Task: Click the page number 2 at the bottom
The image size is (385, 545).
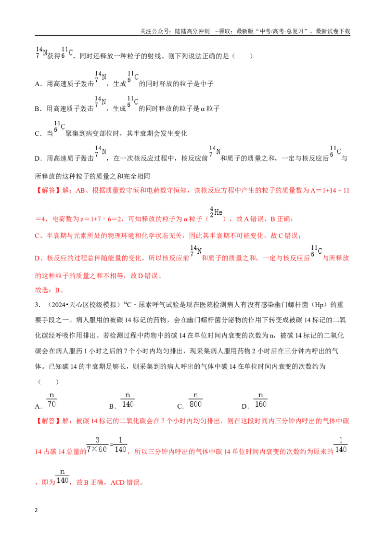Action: [36, 510]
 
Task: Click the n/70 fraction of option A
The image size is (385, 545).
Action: [51, 400]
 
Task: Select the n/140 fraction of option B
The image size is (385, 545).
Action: [128, 400]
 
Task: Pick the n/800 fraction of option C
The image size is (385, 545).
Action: [195, 400]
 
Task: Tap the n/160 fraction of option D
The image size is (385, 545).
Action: [260, 400]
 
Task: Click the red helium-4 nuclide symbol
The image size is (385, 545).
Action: [216, 212]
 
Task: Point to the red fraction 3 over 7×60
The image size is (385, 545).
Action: [97, 445]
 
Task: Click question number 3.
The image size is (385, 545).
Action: [38, 305]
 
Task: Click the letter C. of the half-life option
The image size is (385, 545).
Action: [38, 133]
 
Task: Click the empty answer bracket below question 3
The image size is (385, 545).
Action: [48, 382]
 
